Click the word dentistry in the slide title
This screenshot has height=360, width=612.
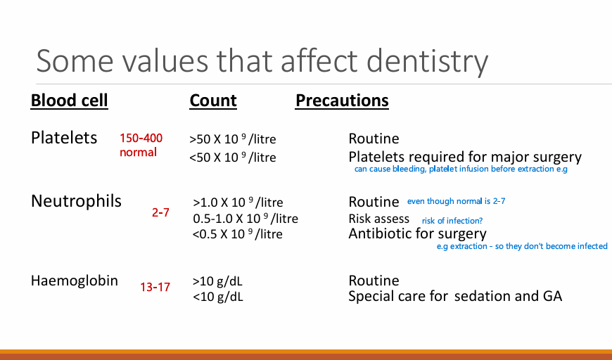point(428,61)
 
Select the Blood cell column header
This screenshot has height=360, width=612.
point(69,101)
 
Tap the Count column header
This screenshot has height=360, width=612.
point(213,101)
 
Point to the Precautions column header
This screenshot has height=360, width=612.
point(342,101)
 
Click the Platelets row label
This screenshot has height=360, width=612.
point(64,138)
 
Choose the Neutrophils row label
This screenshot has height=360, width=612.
point(76,201)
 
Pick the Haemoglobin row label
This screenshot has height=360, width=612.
point(74,281)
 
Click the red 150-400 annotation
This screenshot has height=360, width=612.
point(141,138)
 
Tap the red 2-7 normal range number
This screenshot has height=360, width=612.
point(160,212)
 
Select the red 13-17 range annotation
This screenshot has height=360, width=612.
point(155,287)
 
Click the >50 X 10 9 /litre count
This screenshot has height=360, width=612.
point(233,139)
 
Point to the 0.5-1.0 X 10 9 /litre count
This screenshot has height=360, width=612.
point(246,219)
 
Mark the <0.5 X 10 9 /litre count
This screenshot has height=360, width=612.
point(237,234)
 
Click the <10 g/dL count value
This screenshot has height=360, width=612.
point(218,297)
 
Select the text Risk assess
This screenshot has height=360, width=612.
point(379,219)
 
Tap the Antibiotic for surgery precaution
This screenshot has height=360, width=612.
point(418,233)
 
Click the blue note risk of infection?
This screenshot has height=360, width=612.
point(452,221)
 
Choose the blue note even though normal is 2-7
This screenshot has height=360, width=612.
point(457,201)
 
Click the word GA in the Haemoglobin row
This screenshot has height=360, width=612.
point(552,296)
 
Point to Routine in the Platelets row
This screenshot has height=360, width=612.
point(374,139)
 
